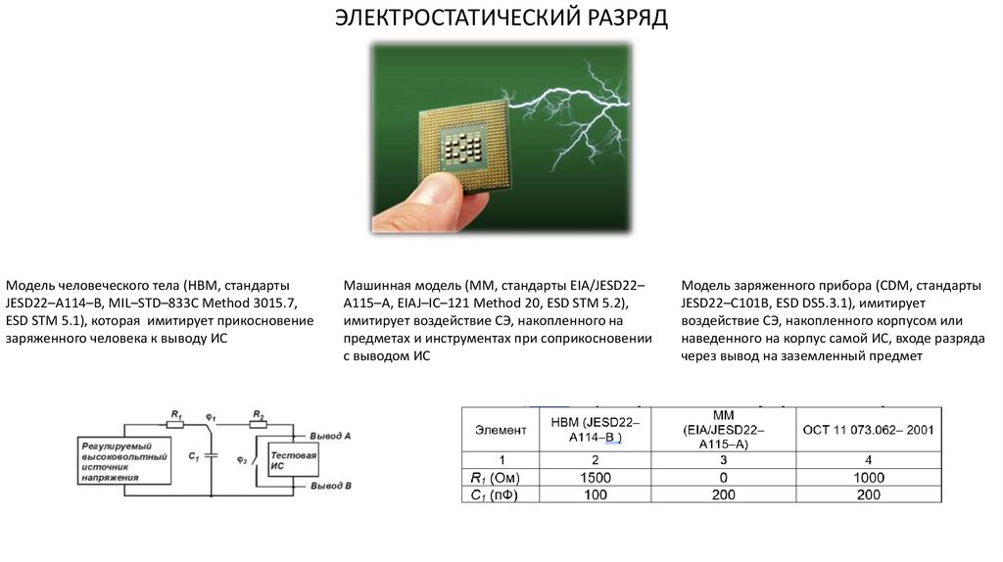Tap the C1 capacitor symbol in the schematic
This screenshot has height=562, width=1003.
tap(211, 457)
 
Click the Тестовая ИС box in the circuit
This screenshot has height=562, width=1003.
tap(293, 459)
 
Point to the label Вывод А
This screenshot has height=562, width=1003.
tap(331, 434)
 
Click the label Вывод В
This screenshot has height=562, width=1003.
tap(331, 486)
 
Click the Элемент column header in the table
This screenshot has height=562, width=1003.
tap(500, 430)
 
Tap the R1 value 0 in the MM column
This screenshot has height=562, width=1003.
tap(723, 477)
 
